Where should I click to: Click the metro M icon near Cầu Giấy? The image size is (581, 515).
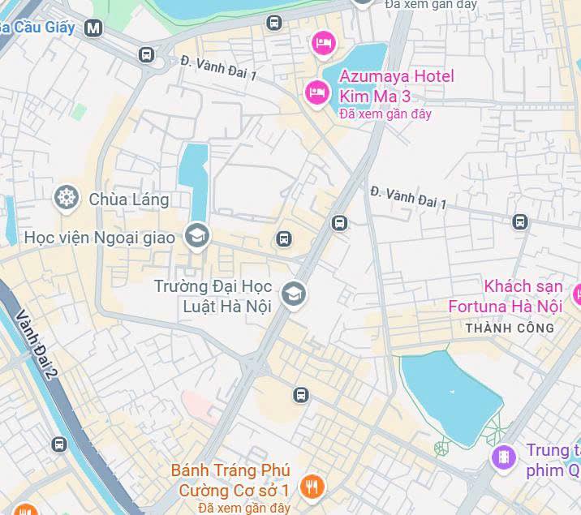[x=94, y=28]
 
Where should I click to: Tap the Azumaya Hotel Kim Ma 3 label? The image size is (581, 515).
[x=396, y=86]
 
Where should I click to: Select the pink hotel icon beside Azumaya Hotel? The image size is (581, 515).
[x=316, y=92]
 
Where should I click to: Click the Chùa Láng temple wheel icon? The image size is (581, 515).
[x=66, y=197]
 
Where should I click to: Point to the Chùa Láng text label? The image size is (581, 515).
[x=129, y=199]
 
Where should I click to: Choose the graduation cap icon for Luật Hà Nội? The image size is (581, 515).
[x=293, y=294]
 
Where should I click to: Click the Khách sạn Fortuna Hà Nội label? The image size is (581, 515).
[x=506, y=296]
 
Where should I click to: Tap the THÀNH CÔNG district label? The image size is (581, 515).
[x=510, y=328]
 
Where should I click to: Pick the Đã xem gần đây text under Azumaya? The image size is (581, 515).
[x=385, y=114]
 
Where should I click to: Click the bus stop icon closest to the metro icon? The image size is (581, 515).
[x=146, y=55]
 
